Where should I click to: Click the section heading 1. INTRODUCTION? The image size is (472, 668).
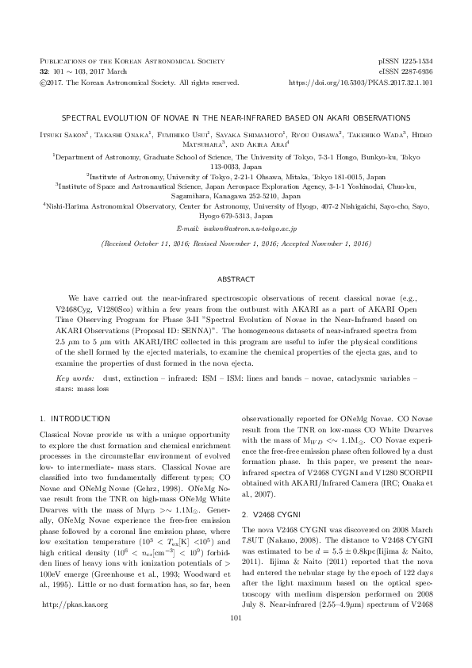pos(75,417)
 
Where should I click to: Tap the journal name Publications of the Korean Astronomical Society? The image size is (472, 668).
pos(119,60)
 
